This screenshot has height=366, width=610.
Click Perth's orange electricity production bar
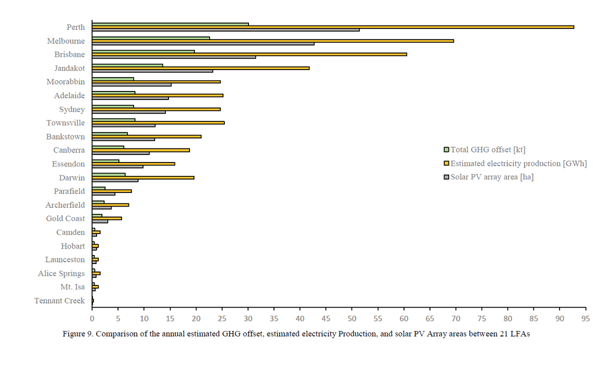[x=332, y=27]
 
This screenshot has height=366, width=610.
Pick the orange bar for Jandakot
[x=200, y=68]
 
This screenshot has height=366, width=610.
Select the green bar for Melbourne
[x=150, y=37]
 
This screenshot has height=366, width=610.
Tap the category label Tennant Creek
[x=59, y=301]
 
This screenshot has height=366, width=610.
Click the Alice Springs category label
[x=61, y=273]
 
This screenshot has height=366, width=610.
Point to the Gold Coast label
[x=65, y=218]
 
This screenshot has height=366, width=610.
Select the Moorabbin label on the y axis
[x=65, y=81]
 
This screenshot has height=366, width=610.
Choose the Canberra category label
[x=69, y=150]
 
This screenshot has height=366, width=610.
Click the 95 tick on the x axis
[x=585, y=318]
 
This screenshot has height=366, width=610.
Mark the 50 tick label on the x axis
[x=351, y=318]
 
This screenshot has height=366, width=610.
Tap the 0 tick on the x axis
[x=92, y=318]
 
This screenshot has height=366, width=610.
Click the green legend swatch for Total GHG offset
[x=446, y=149]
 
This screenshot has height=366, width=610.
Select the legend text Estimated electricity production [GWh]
[x=518, y=163]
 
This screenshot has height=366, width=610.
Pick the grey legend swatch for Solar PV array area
[x=446, y=176]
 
